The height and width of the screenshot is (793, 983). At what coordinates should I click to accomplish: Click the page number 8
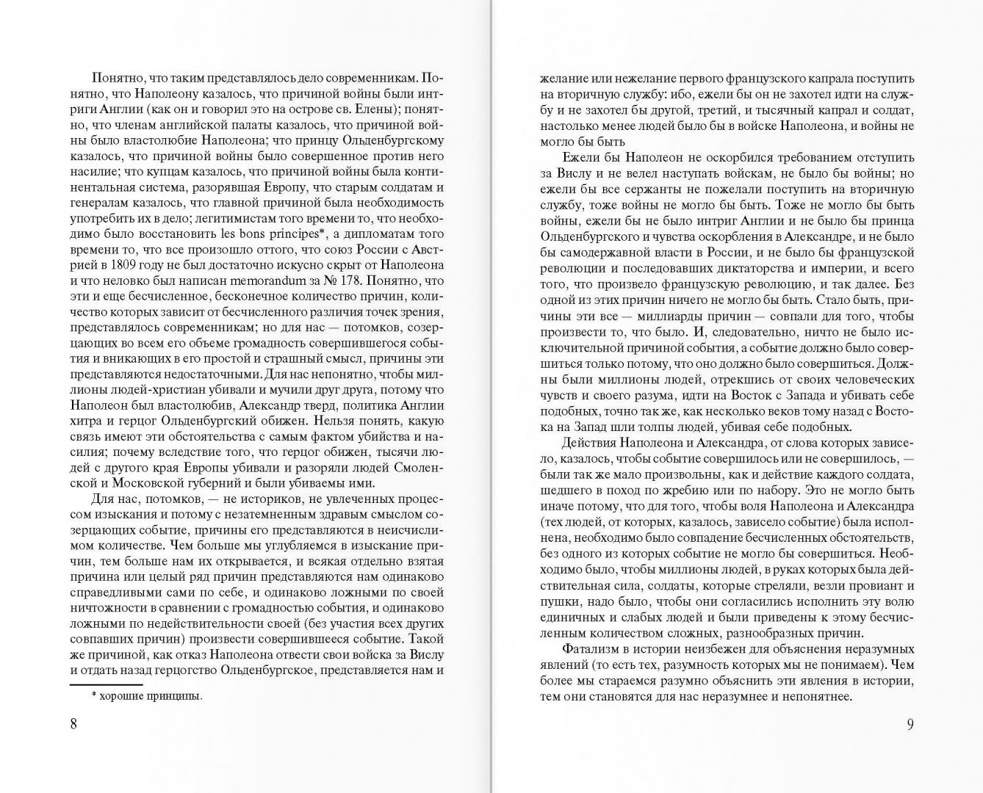point(73,724)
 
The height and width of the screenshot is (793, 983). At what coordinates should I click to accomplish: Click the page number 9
point(910,724)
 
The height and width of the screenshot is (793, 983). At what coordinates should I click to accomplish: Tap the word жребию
point(686,490)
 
